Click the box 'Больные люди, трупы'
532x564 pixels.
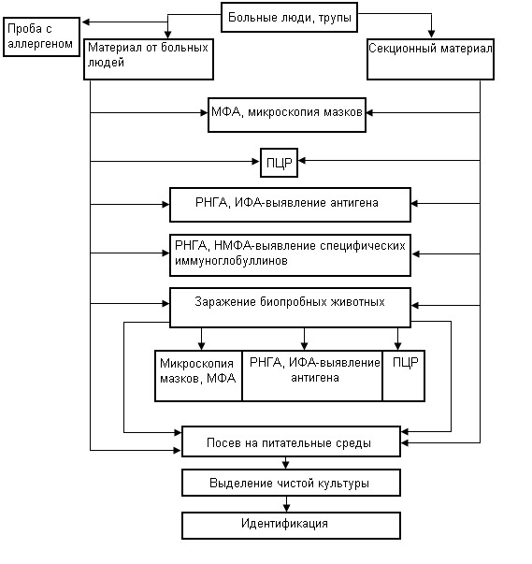click(x=289, y=17)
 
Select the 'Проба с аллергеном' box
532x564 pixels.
click(x=41, y=36)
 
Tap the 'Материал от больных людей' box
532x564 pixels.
click(x=149, y=59)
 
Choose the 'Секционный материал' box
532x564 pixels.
click(x=430, y=59)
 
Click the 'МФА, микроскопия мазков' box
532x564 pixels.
click(x=287, y=115)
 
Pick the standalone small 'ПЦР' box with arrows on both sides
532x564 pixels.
click(x=279, y=163)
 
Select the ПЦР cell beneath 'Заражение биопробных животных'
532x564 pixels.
click(x=404, y=376)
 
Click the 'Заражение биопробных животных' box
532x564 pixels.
click(x=290, y=308)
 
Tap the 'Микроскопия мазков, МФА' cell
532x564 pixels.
click(x=198, y=376)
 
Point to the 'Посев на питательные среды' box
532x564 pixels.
click(x=291, y=441)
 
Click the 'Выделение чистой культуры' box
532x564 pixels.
click(x=291, y=483)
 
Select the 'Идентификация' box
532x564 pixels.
click(x=291, y=526)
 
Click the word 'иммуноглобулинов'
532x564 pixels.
click(x=231, y=261)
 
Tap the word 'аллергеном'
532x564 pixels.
click(x=40, y=44)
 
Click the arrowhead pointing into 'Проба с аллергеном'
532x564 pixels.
click(x=86, y=22)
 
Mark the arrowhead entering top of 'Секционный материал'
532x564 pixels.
click(x=431, y=35)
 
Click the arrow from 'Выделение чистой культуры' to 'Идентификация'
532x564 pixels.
click(x=286, y=504)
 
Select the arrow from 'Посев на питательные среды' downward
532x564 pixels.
click(x=285, y=463)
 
